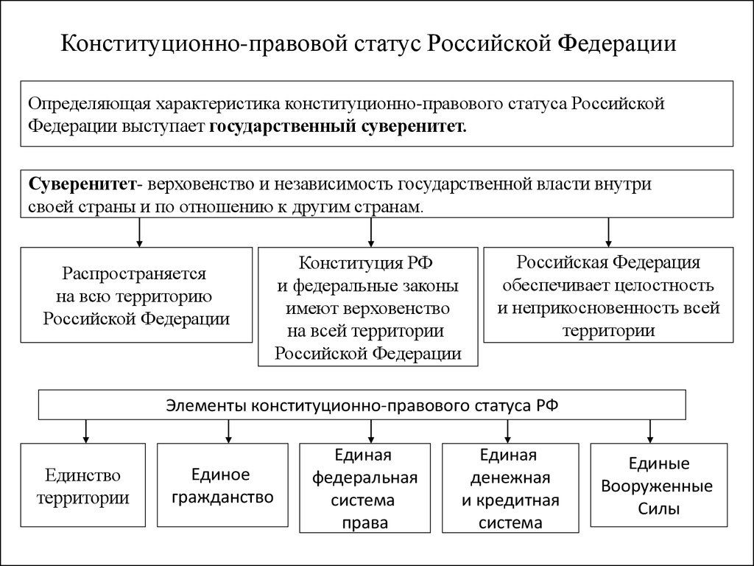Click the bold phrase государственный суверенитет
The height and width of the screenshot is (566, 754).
[338, 125]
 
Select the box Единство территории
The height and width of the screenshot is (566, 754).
[83, 485]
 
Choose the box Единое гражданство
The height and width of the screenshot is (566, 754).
[222, 485]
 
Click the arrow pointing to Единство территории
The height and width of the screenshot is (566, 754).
[87, 430]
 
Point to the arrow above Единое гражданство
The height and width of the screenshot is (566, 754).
[228, 430]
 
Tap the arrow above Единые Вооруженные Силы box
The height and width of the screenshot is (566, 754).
[649, 430]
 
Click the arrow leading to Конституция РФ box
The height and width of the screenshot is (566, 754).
[370, 232]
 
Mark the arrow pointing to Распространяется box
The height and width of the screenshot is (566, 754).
[138, 232]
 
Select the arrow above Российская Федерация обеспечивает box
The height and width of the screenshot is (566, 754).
[608, 232]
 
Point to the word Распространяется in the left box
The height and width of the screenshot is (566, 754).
[134, 274]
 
